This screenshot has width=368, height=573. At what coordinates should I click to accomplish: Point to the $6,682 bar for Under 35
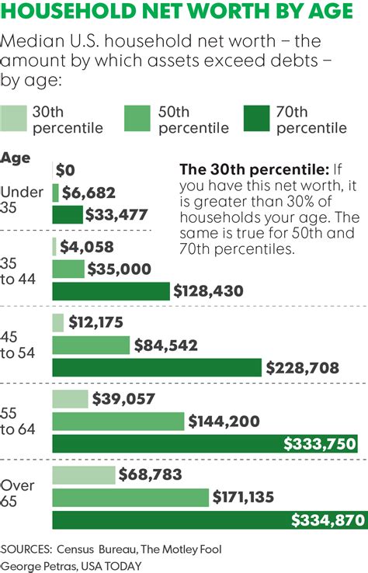click(55, 193)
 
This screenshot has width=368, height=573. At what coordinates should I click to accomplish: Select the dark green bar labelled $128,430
click(110, 291)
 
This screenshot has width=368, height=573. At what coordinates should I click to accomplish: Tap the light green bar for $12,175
click(57, 322)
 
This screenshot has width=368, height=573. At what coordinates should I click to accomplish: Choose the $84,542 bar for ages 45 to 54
click(91, 345)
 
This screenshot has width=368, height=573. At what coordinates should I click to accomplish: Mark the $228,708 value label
click(304, 367)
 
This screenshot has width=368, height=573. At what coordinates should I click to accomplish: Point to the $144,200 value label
click(226, 422)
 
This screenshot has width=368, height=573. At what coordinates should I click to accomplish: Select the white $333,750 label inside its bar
click(318, 443)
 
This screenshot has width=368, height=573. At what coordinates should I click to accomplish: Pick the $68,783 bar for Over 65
click(83, 475)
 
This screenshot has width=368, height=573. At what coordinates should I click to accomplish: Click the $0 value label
click(71, 170)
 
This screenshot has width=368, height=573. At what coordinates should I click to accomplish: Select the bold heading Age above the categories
click(16, 158)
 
